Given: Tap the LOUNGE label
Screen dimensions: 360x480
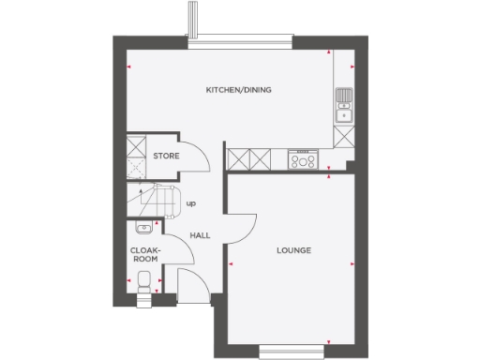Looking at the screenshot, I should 293,251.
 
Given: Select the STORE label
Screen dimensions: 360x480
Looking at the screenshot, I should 166,157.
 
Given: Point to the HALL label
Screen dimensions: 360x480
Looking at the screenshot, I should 199,235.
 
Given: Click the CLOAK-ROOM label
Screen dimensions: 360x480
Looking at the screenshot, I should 144,254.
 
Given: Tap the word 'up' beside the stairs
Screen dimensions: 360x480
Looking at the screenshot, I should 191,203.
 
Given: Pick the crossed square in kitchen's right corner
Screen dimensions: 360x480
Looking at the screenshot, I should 344,136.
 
